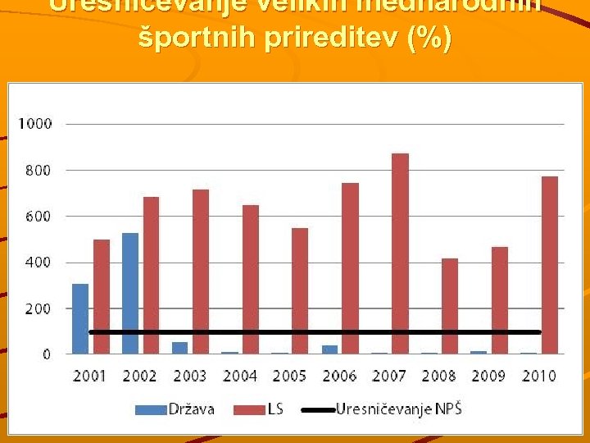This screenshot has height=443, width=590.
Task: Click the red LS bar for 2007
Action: tap(400, 253)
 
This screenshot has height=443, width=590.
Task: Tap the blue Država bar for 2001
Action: tap(80, 319)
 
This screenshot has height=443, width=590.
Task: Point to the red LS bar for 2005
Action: tap(300, 291)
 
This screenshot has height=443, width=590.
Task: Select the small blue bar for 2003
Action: tap(179, 348)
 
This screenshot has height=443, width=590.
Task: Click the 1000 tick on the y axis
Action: tap(35, 124)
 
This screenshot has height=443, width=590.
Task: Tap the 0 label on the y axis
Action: tap(47, 354)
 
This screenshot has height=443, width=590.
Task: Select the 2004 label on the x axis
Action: tap(240, 376)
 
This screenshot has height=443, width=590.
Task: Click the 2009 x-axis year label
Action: tap(489, 376)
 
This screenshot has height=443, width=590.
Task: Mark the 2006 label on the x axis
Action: tap(339, 376)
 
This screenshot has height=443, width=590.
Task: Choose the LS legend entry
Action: tap(274, 409)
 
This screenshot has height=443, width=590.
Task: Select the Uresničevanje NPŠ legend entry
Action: tap(398, 409)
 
